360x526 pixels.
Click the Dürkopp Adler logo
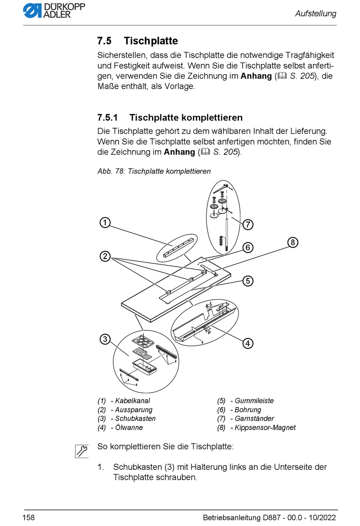coord(54,11)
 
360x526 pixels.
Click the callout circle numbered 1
coord(105,222)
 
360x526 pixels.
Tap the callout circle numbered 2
coord(105,256)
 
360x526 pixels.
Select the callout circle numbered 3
coord(105,339)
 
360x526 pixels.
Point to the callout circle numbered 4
coord(248,343)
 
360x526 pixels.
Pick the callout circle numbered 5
coord(248,281)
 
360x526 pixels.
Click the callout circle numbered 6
coord(248,248)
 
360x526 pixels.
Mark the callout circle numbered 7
coord(248,225)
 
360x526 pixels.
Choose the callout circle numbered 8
coord(293,242)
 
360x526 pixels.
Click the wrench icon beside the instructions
coord(82,451)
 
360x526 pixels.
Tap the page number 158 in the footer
coord(28,518)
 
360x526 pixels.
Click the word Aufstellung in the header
coord(316,14)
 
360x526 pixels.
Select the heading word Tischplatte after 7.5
coord(151,41)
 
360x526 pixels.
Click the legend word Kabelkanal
coord(132,401)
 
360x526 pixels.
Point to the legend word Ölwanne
coord(129,428)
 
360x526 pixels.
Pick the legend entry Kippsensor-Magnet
coord(265,428)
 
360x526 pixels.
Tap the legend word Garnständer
coord(254,419)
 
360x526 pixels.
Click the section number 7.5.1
coord(108,118)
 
